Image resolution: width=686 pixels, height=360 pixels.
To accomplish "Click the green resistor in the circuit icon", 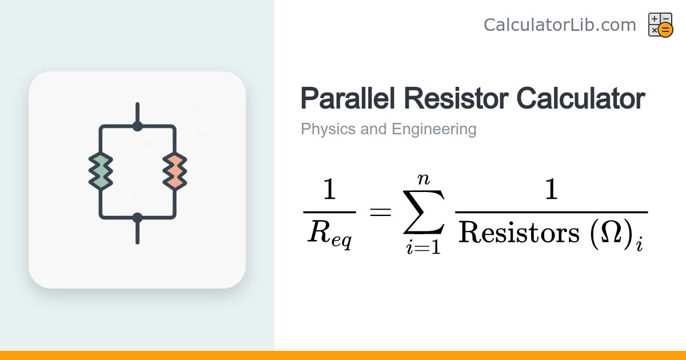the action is point(101,171).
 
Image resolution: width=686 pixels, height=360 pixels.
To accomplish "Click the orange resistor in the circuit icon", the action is point(174,171).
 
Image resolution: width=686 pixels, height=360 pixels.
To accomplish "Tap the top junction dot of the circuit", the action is point(138,126).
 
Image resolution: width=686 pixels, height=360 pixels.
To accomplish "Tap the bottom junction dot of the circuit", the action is point(138,218).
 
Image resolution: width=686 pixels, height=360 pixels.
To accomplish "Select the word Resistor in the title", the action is point(456,98).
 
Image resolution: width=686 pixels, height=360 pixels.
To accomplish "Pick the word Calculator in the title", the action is point(581,98).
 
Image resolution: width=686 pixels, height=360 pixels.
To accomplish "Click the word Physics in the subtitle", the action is point(328,129).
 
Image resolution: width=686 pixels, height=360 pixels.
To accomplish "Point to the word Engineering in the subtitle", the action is point(434,129).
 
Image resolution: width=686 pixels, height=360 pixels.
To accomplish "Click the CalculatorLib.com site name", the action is point(560,25).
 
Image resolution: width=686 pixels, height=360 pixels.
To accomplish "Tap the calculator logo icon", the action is point(661,25).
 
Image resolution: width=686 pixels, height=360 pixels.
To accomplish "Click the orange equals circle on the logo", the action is point(665,30).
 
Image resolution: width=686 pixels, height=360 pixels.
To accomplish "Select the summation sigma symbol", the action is point(424,212).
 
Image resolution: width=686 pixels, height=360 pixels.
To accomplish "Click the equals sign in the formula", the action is point(381,212).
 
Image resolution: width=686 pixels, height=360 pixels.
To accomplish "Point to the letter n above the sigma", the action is point(424,179).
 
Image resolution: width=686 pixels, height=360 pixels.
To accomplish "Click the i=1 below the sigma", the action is point(424,247).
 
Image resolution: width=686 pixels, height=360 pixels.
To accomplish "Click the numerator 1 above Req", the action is point(329,189).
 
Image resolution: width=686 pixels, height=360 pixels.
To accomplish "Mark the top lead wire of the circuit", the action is point(138,113).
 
